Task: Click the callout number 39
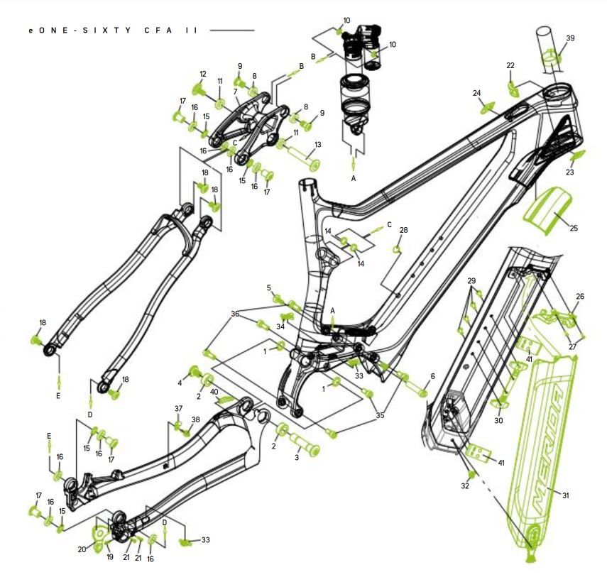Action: click(x=570, y=38)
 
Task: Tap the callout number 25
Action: click(x=574, y=228)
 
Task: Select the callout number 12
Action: click(x=203, y=74)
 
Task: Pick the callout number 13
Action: click(x=318, y=145)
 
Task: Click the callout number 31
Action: click(x=566, y=495)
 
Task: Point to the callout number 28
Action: click(x=403, y=230)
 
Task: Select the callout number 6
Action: click(x=433, y=375)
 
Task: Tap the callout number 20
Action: click(x=82, y=549)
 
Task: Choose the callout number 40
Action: click(x=214, y=392)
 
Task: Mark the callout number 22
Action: click(x=510, y=65)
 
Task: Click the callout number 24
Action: click(x=476, y=93)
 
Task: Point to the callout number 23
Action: click(x=570, y=172)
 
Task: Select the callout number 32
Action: click(x=465, y=485)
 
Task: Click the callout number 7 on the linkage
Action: click(x=235, y=92)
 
